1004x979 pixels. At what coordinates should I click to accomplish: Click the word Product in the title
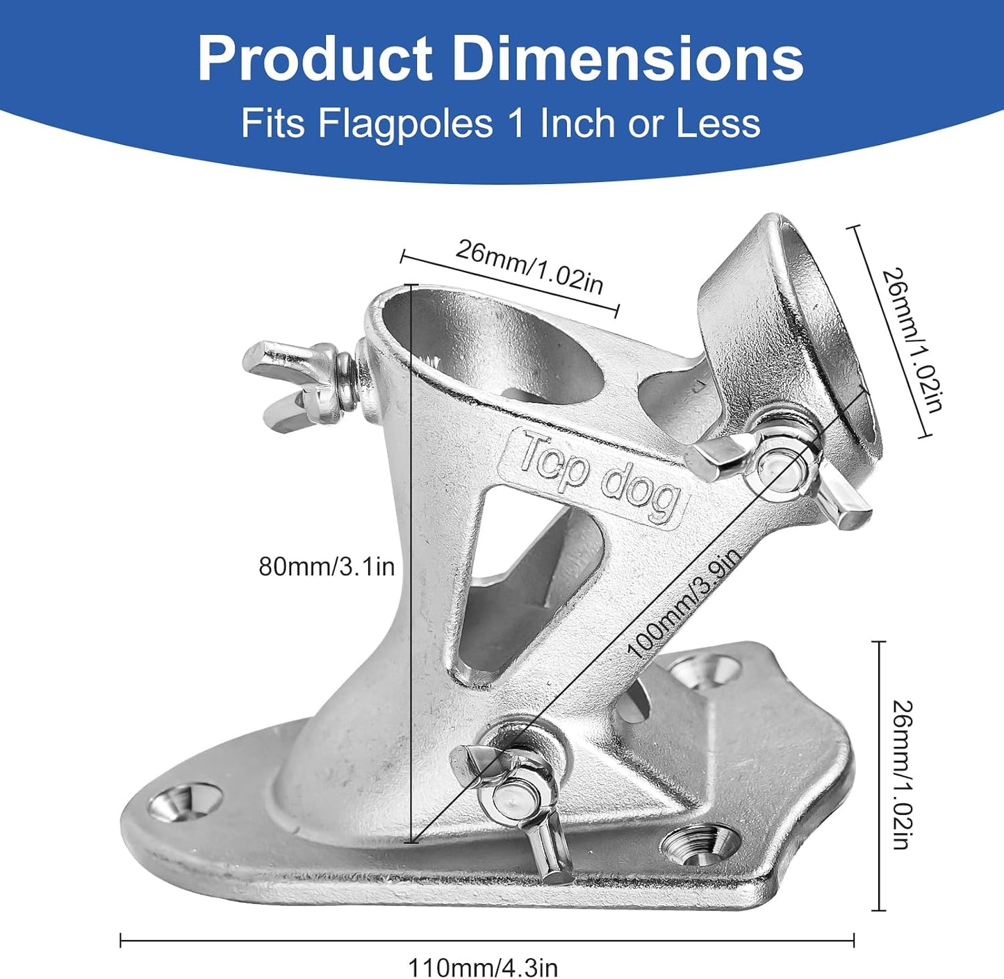pyautogui.click(x=315, y=59)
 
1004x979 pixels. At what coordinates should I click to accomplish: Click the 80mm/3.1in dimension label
pyautogui.click(x=327, y=567)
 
